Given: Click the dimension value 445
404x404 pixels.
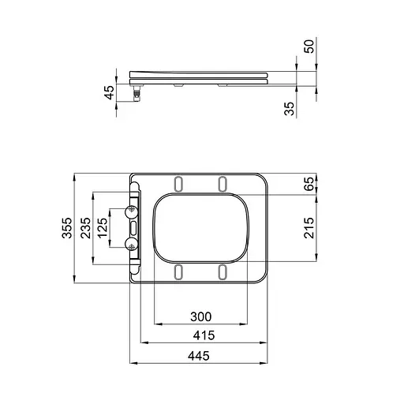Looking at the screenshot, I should click(x=199, y=356).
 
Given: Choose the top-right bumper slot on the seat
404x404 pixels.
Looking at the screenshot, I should click(x=223, y=184).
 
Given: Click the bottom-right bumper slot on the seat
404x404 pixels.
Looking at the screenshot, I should click(x=223, y=271).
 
